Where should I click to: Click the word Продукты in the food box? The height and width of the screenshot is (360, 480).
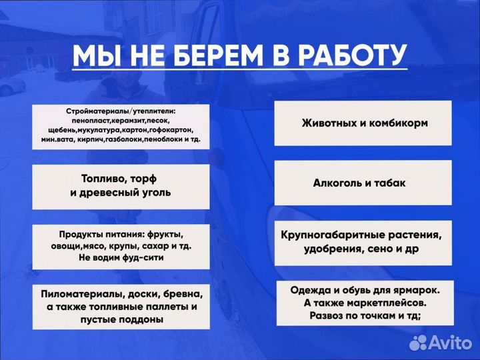click(81, 235)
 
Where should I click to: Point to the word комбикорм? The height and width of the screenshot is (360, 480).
click(401, 123)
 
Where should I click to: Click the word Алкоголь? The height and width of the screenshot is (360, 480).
click(339, 183)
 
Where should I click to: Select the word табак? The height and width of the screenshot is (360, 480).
click(389, 183)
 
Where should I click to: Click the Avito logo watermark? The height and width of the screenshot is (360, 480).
click(440, 341)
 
